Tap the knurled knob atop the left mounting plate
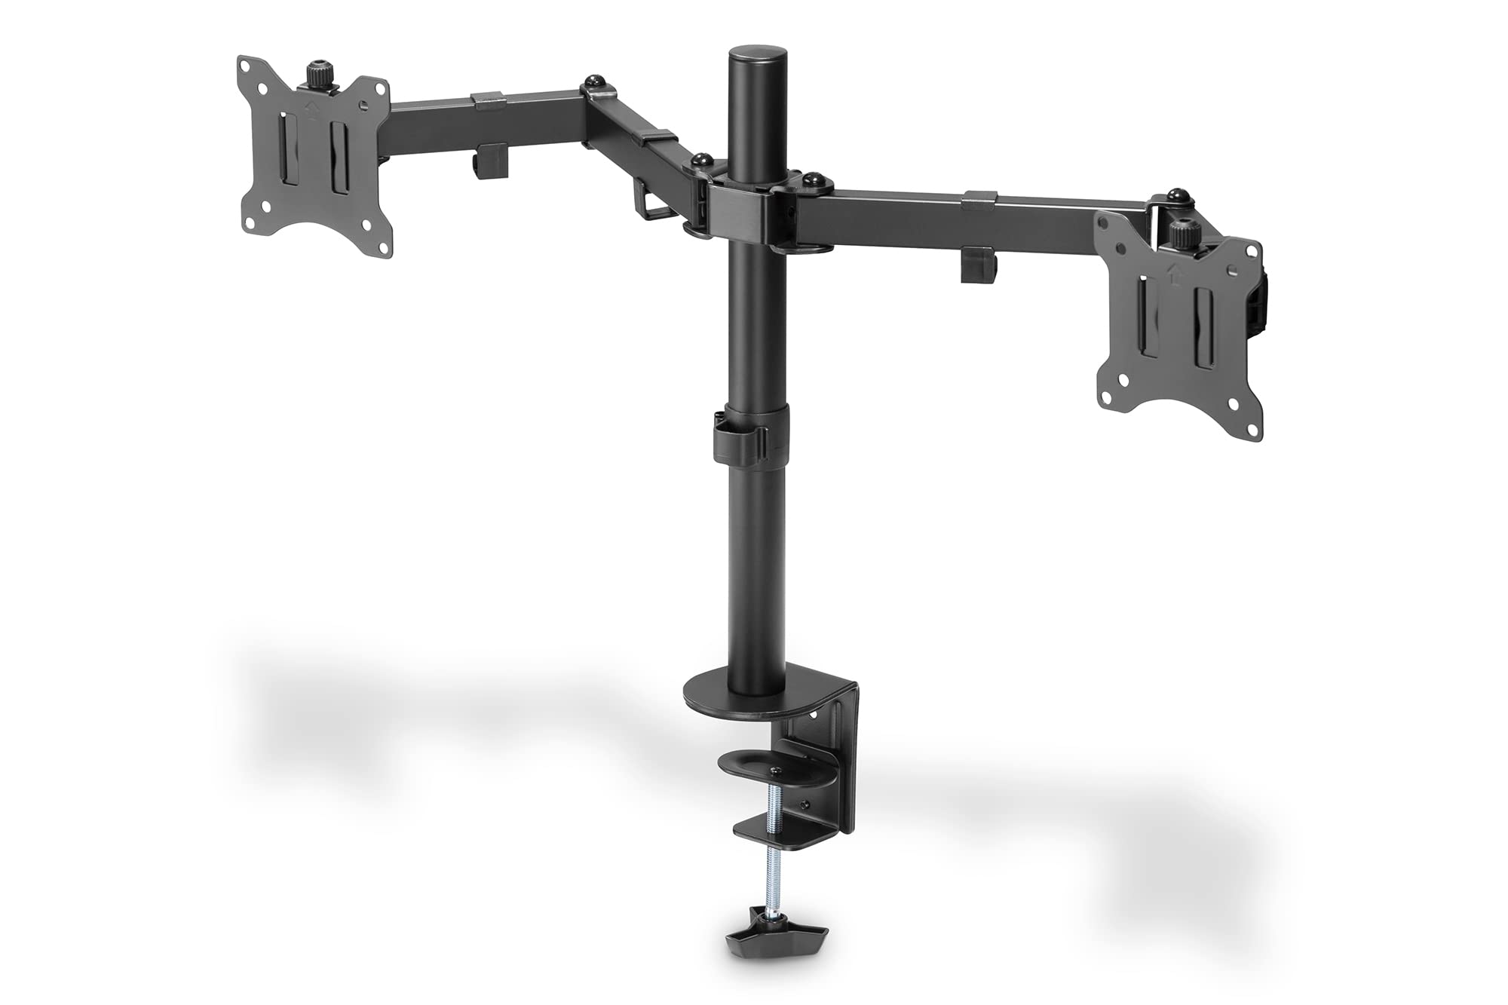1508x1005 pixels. coord(317,75)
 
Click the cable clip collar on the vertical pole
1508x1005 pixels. coord(749,440)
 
